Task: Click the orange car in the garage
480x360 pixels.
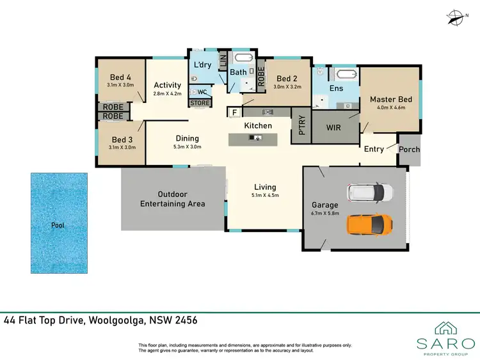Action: coord(369,224)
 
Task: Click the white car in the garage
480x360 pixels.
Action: coord(369,191)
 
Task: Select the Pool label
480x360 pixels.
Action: coord(58,226)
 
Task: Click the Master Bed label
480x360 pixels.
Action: coord(390,99)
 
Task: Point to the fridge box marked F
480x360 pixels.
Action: coord(234,113)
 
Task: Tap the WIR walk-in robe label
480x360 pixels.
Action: coord(334,127)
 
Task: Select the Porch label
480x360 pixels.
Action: coord(409,149)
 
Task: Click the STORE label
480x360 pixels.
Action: coord(200,102)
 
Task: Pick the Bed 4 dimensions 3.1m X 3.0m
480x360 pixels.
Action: coord(120,85)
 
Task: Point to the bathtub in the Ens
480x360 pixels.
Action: coord(336,72)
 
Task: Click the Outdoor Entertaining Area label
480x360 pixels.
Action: coord(173,199)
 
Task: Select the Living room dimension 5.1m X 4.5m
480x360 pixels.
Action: coord(266,195)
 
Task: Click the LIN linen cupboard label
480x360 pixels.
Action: coord(223,62)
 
